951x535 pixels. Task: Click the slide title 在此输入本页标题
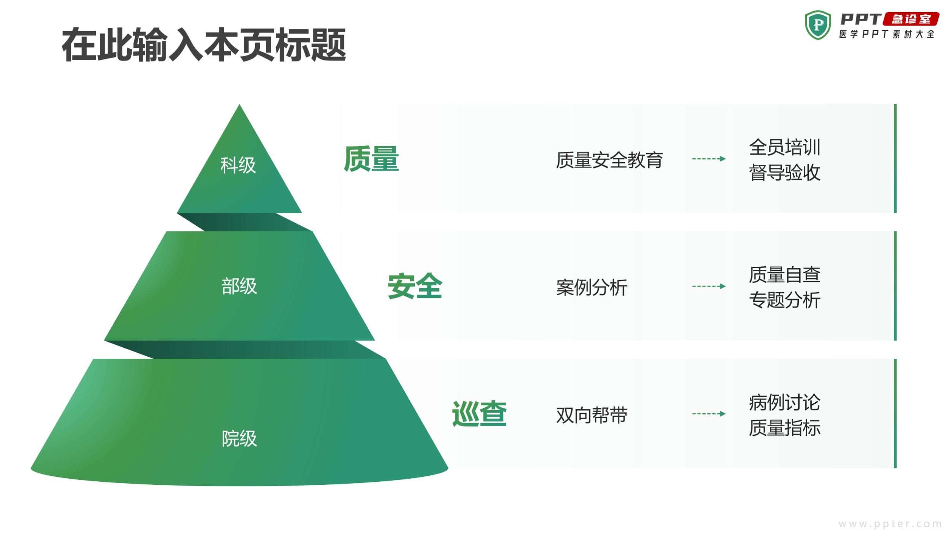204,45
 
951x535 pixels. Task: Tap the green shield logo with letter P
818,25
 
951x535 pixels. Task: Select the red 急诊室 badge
911,19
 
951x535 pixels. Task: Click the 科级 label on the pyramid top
238,166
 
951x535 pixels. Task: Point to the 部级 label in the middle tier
239,286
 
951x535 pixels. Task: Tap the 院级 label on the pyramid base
239,438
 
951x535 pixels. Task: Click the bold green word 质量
371,159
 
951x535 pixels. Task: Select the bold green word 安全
415,286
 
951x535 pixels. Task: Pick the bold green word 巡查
479,414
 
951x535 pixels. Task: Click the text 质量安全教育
609,160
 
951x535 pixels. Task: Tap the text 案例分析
592,287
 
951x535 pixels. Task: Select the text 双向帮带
592,415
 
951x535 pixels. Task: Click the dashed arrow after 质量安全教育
709,159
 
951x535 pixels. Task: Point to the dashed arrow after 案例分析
709,286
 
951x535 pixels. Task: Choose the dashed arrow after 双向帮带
709,414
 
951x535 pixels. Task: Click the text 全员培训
785,147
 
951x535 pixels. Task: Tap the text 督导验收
785,172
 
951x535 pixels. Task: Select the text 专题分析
785,300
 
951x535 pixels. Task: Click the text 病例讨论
785,402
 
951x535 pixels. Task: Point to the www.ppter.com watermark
890,524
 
